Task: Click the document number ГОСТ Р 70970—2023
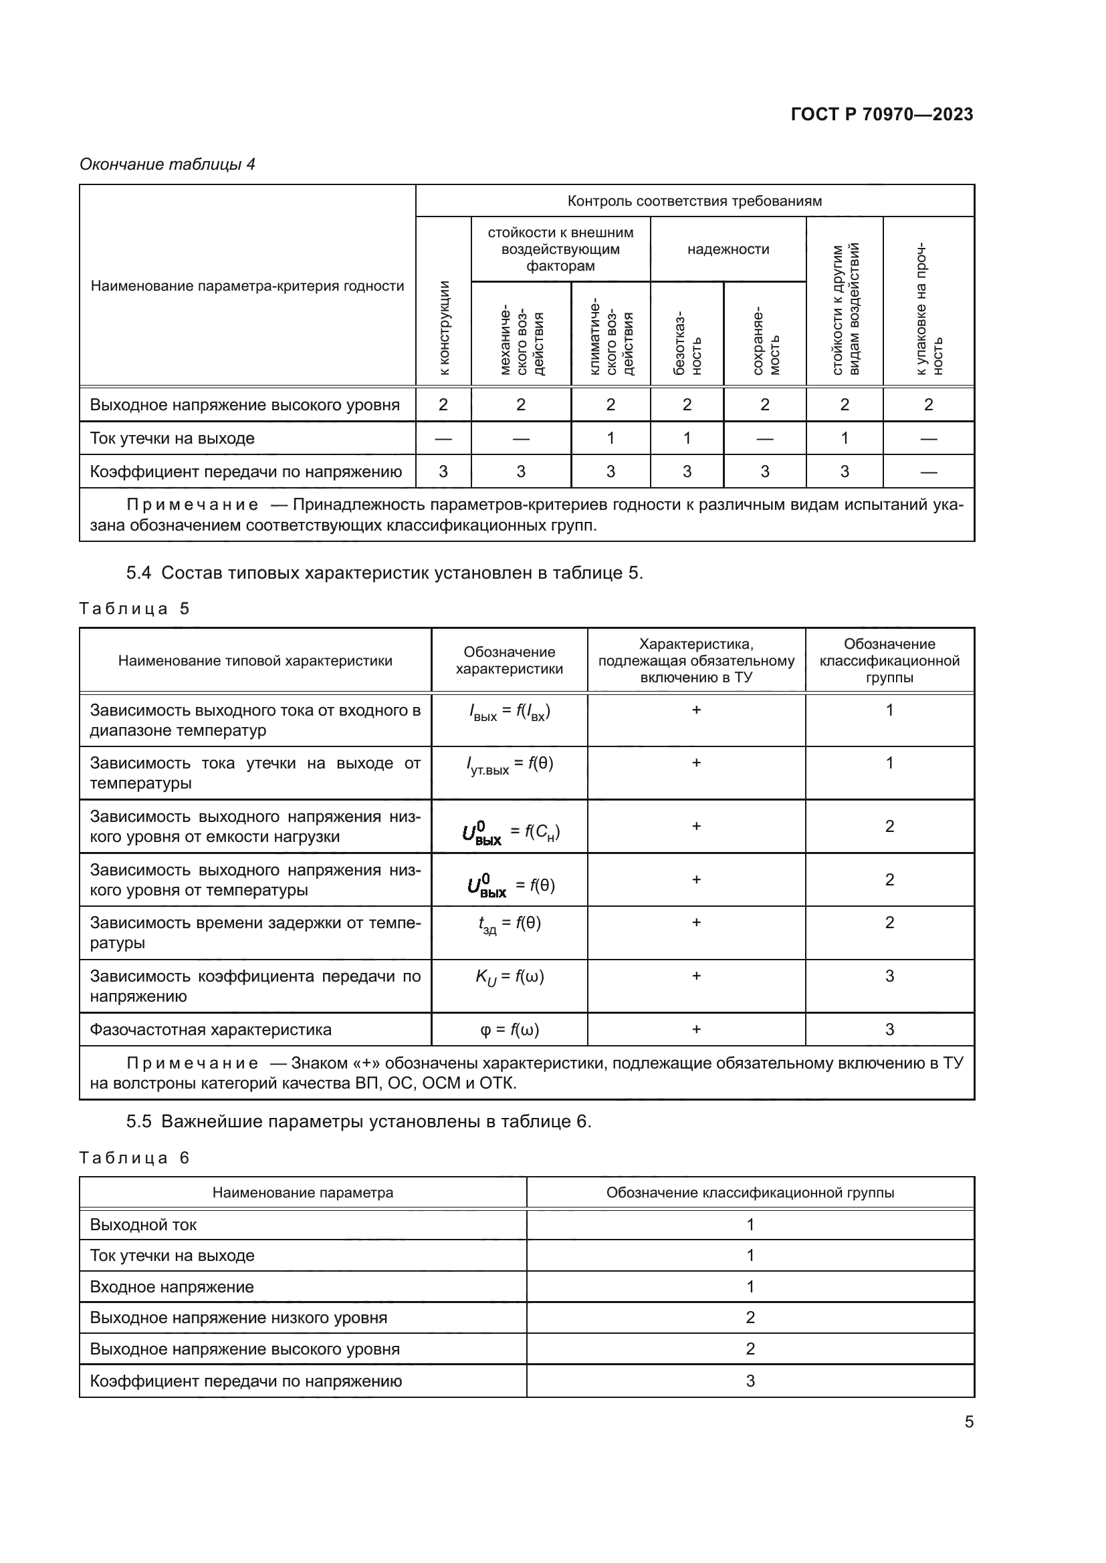pyautogui.click(x=881, y=114)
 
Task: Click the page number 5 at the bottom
pyautogui.click(x=968, y=1421)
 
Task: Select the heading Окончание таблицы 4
pyautogui.click(x=168, y=164)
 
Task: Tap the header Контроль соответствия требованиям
pyautogui.click(x=694, y=201)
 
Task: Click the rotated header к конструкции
pyautogui.click(x=444, y=327)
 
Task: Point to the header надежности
pyautogui.click(x=728, y=249)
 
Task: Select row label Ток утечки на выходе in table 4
pyautogui.click(x=173, y=438)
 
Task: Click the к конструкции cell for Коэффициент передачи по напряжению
pyautogui.click(x=443, y=472)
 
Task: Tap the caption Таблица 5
pyautogui.click(x=134, y=609)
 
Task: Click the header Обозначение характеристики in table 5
pyautogui.click(x=509, y=660)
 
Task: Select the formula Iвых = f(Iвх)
pyautogui.click(x=510, y=712)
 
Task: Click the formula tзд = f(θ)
pyautogui.click(x=510, y=924)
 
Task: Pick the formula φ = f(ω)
pyautogui.click(x=510, y=1030)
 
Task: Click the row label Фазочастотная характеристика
pyautogui.click(x=211, y=1030)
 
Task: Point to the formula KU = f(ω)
pyautogui.click(x=510, y=978)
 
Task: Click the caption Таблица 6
pyautogui.click(x=134, y=1158)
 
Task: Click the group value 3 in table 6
pyautogui.click(x=750, y=1381)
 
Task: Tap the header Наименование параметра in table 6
pyautogui.click(x=302, y=1193)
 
